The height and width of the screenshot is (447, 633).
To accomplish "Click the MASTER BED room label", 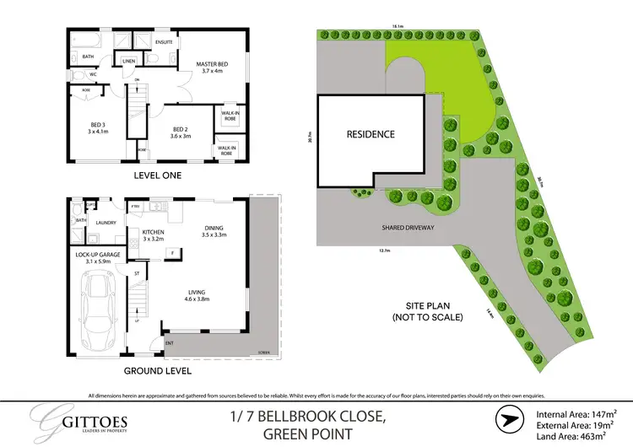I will click(x=213, y=63).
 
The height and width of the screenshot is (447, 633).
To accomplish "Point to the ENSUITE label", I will click(x=164, y=40).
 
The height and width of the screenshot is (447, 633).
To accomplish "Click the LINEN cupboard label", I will click(x=129, y=62).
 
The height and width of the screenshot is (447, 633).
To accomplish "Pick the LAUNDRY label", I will click(x=105, y=223).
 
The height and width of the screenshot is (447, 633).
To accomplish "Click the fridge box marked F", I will click(x=171, y=253).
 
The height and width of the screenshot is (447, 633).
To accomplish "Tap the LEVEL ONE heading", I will click(x=159, y=175).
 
